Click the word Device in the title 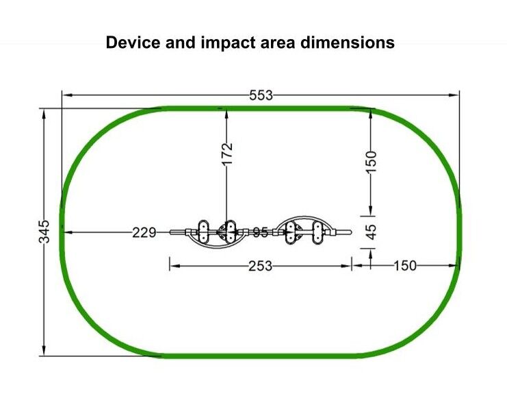tap(133, 42)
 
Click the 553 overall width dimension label tap(261, 95)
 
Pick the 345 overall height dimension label tap(44, 232)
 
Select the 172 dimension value tap(228, 153)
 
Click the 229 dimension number tap(144, 232)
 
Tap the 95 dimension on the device tap(260, 232)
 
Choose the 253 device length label tap(260, 266)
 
